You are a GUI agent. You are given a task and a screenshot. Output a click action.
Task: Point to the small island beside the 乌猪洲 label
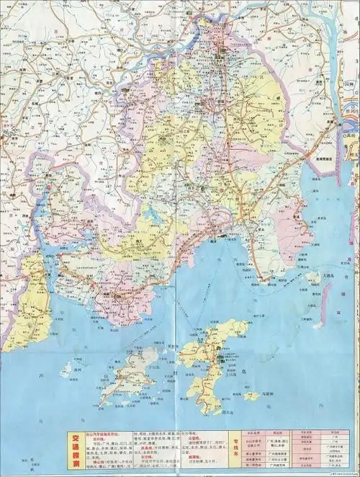coord(251,396)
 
